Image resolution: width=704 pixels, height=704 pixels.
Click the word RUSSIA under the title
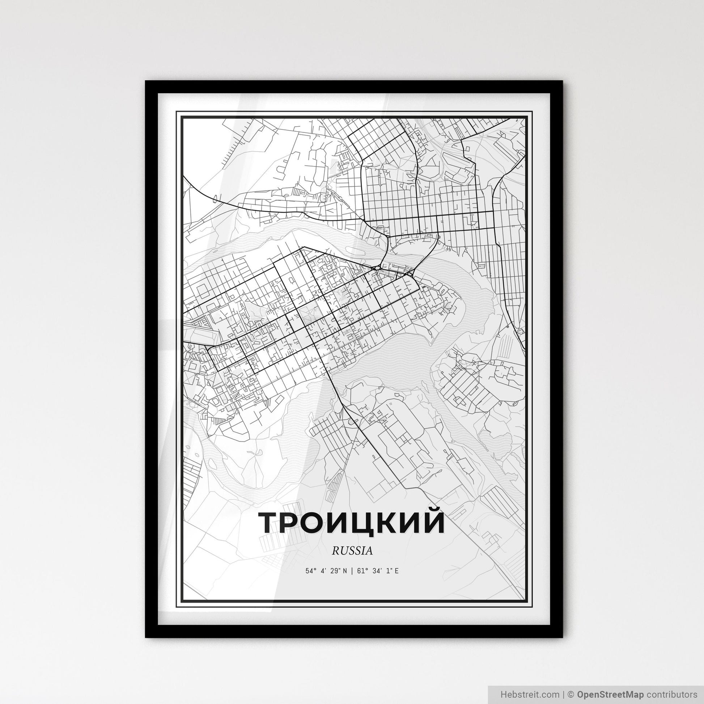click(x=352, y=551)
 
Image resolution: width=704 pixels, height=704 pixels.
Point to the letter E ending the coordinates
click(x=396, y=571)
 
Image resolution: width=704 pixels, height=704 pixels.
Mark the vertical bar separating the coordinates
click(x=352, y=571)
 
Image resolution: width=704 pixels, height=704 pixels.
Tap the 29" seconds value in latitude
click(x=334, y=571)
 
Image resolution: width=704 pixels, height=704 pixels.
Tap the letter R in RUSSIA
click(x=335, y=551)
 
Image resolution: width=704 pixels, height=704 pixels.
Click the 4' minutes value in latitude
click(x=322, y=571)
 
